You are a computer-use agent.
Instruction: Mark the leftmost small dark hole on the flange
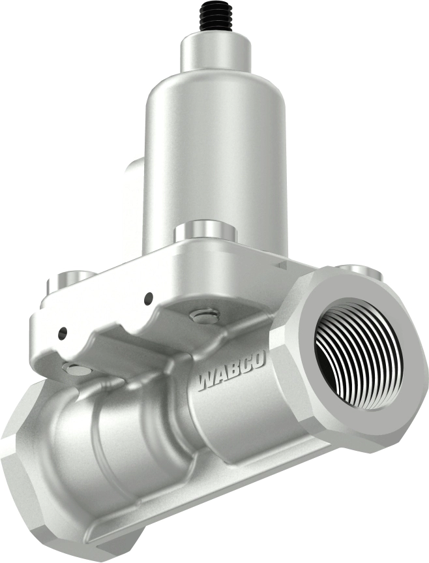point(62,333)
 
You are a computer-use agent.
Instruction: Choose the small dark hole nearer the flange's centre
point(149,298)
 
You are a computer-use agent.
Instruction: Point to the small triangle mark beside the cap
point(281,265)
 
